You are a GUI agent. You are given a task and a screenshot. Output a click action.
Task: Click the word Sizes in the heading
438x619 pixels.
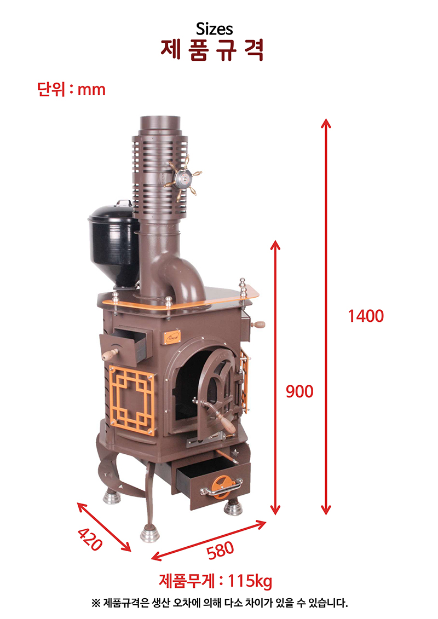[x=214, y=29]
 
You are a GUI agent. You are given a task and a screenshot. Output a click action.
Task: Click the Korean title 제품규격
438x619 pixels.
[x=212, y=50]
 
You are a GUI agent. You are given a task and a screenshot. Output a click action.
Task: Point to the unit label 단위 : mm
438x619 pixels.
[x=71, y=89]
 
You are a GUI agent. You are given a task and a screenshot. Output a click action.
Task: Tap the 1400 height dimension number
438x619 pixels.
[x=365, y=316]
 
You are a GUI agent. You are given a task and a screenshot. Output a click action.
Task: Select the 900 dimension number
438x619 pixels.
[x=299, y=392]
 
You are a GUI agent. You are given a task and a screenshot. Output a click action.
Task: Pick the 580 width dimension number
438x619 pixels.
[x=221, y=550]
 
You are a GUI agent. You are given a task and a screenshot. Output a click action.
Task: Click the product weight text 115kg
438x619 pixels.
[x=250, y=581]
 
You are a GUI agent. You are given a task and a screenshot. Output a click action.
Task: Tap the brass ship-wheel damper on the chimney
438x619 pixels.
[x=183, y=176]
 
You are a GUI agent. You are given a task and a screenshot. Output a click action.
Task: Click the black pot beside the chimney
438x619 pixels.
[x=114, y=245]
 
